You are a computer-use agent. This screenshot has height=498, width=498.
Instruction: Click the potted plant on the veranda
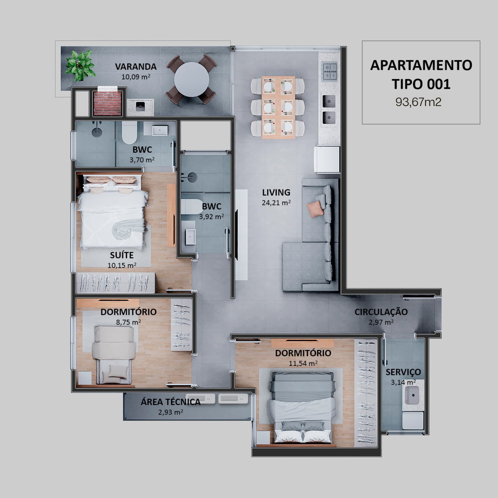click(x=80, y=65)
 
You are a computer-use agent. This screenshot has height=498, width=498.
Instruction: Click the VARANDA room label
click(x=136, y=67)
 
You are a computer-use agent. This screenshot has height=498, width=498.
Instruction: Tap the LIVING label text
click(x=276, y=192)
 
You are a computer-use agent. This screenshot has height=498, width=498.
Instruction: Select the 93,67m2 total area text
click(x=418, y=102)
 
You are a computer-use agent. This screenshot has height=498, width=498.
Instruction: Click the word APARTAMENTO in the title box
click(x=421, y=65)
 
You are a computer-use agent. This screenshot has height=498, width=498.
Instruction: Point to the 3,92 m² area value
click(x=211, y=217)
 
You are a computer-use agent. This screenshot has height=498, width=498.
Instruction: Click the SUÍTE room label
click(x=122, y=255)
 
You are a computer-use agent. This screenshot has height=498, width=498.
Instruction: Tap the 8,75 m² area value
click(x=128, y=322)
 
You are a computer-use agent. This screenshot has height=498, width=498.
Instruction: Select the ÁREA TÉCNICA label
click(x=171, y=402)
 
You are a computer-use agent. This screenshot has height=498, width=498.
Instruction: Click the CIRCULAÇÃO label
click(x=381, y=312)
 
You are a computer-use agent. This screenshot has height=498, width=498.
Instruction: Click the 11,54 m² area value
click(x=303, y=363)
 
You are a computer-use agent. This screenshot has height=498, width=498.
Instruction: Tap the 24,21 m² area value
click(x=276, y=203)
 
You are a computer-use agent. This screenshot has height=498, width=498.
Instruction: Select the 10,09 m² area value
click(x=136, y=77)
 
